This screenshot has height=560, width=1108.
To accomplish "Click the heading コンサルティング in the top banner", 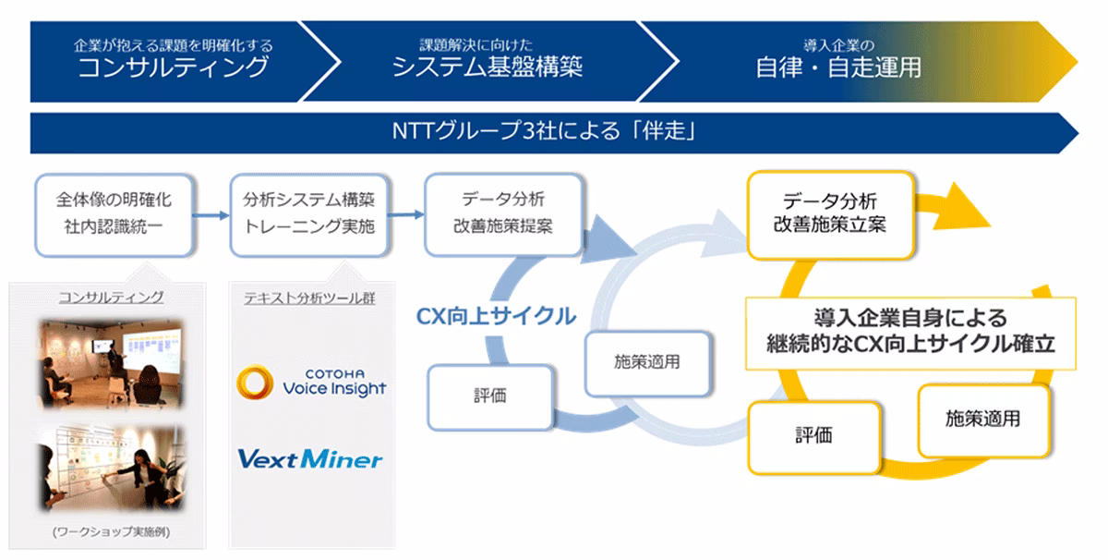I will pyautogui.click(x=174, y=67).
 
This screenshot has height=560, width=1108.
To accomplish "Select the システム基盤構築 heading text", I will pyautogui.click(x=488, y=67).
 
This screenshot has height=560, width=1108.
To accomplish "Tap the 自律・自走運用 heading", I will pyautogui.click(x=837, y=67).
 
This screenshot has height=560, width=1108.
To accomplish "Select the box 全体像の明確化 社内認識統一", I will pyautogui.click(x=114, y=213).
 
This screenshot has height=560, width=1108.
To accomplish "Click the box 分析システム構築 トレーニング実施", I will pyautogui.click(x=308, y=213).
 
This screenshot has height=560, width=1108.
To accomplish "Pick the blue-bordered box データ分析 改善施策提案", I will pyautogui.click(x=504, y=213).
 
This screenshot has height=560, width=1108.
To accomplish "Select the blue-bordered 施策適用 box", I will pyautogui.click(x=646, y=361).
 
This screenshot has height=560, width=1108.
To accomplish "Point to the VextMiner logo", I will pyautogui.click(x=309, y=457).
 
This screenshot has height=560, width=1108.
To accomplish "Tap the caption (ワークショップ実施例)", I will pyautogui.click(x=112, y=532).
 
